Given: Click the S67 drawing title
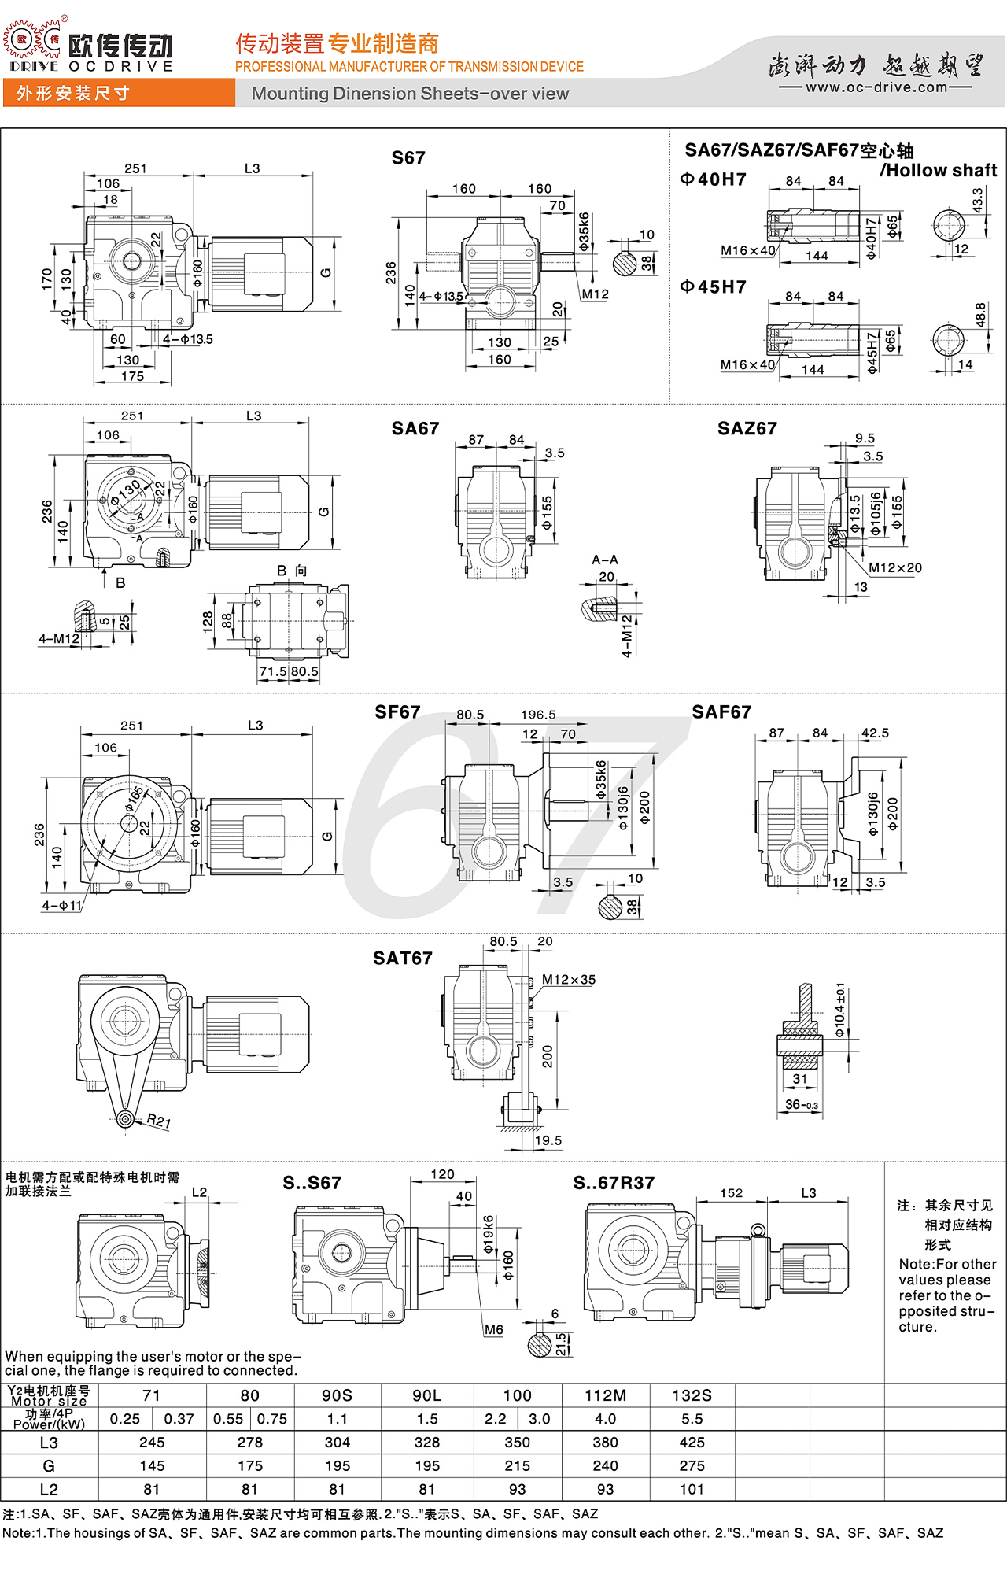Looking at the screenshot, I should coord(408,158).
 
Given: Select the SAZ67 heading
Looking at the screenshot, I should coord(747,429).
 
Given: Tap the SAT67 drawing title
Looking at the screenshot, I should coord(402,959).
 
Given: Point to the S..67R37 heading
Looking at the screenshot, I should coord(614,1183).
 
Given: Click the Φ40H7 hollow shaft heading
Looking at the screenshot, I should coord(714,179).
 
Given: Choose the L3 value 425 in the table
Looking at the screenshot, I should coord(692,1443).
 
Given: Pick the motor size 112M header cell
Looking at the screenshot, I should coord(605,1395).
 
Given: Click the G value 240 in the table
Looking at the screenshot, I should coord(605,1466).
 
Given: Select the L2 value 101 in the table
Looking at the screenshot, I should coord(692,1489).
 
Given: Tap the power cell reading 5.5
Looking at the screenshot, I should coord(692,1419).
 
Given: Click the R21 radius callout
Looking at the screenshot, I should coord(158,1121).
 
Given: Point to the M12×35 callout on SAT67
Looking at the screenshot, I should coord(568,980).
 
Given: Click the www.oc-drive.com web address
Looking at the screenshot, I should coord(876,87).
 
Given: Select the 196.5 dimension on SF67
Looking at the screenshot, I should coord(538,715).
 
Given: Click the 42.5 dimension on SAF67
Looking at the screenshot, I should coord(875,733).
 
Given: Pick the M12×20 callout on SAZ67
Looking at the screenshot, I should coord(894,567).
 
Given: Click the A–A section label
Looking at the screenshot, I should coord(604,560).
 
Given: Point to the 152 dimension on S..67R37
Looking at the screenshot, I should coord(731,1193).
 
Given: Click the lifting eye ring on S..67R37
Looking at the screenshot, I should coord(758,1230).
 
